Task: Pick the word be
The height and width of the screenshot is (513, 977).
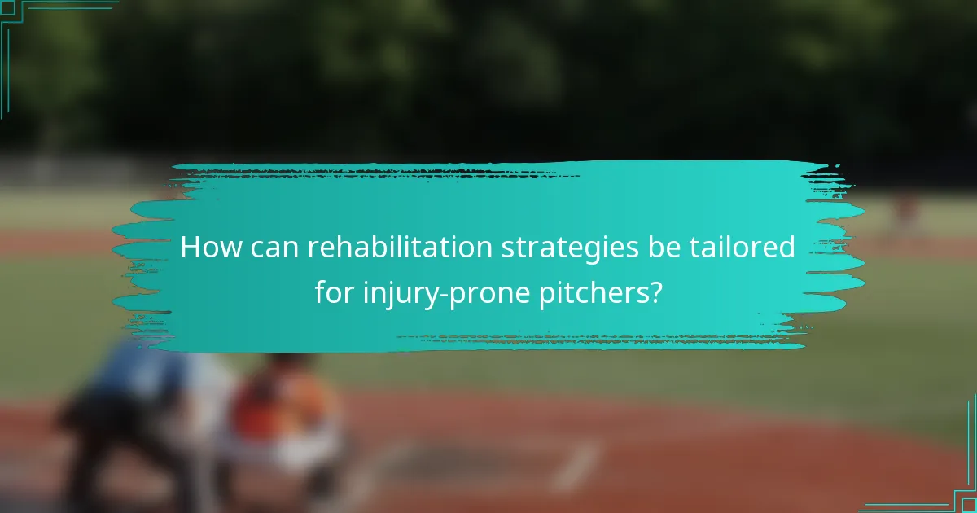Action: coord(663,248)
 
